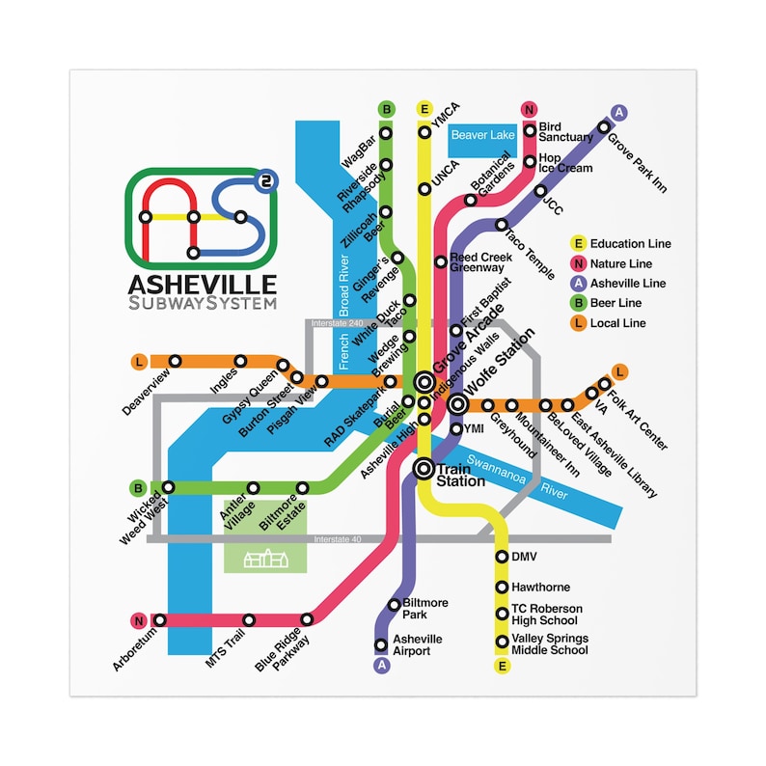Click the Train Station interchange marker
[424, 469]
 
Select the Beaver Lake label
[482, 136]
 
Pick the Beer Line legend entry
[612, 304]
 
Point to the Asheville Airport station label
[417, 645]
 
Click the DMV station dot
[502, 557]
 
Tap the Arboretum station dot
[160, 620]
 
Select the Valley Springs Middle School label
[549, 644]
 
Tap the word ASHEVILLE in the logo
[202, 284]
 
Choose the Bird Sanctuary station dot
[530, 131]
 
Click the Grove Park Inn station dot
[604, 125]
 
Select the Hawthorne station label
[540, 587]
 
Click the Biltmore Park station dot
[394, 606]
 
